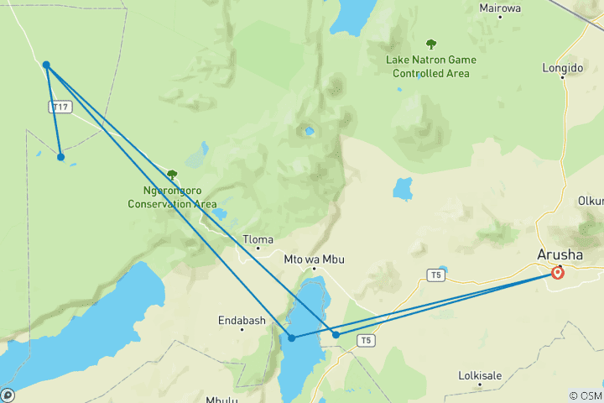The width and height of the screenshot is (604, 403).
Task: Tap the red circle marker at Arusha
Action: tap(558, 272)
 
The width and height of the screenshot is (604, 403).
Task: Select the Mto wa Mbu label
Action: tap(315, 259)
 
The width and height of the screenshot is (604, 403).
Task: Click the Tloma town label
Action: tap(258, 239)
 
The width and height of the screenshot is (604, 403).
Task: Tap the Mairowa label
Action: tap(500, 8)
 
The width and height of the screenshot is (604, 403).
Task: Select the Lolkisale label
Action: tap(481, 375)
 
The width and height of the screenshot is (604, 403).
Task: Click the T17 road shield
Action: tap(59, 107)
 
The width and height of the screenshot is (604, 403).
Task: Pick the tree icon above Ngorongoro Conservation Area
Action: tap(172, 175)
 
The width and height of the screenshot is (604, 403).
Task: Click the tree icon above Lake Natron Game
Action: tap(431, 44)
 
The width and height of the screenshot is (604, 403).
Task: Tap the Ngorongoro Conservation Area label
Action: tap(172, 197)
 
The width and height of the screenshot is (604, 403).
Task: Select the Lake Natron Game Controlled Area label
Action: tap(431, 66)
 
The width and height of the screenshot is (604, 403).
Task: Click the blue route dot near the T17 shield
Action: tap(46, 65)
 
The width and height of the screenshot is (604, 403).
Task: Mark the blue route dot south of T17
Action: tap(60, 157)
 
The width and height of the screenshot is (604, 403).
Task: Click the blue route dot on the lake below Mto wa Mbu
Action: tap(292, 338)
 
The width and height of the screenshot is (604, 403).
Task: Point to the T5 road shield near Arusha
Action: tap(435, 275)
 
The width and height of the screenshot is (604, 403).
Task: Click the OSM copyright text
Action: tap(585, 395)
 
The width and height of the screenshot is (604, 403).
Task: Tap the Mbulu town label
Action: tap(221, 400)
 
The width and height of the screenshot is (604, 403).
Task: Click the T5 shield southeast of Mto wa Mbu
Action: tap(365, 340)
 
